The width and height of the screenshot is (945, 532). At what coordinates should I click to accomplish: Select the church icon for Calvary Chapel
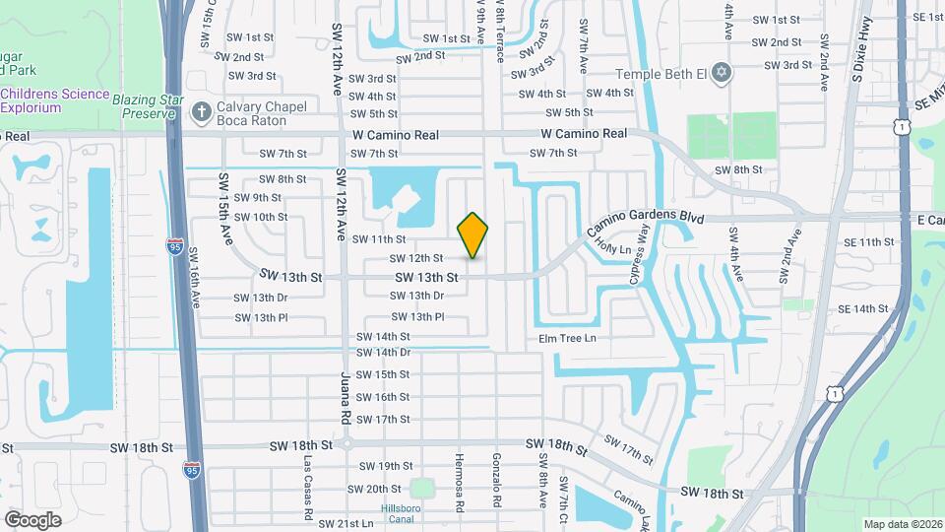tap(201, 112)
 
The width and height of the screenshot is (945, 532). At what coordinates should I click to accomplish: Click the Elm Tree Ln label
tap(567, 338)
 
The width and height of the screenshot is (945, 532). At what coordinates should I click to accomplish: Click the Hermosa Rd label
tap(460, 483)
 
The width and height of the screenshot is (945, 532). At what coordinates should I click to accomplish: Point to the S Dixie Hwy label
tap(862, 61)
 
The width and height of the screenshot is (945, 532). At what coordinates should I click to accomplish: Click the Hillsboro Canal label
tap(400, 513)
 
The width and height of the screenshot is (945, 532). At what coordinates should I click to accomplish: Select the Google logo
tap(32, 520)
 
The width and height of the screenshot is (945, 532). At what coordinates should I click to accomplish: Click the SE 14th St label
tap(864, 309)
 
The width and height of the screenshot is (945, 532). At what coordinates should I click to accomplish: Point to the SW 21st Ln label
tap(346, 523)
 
